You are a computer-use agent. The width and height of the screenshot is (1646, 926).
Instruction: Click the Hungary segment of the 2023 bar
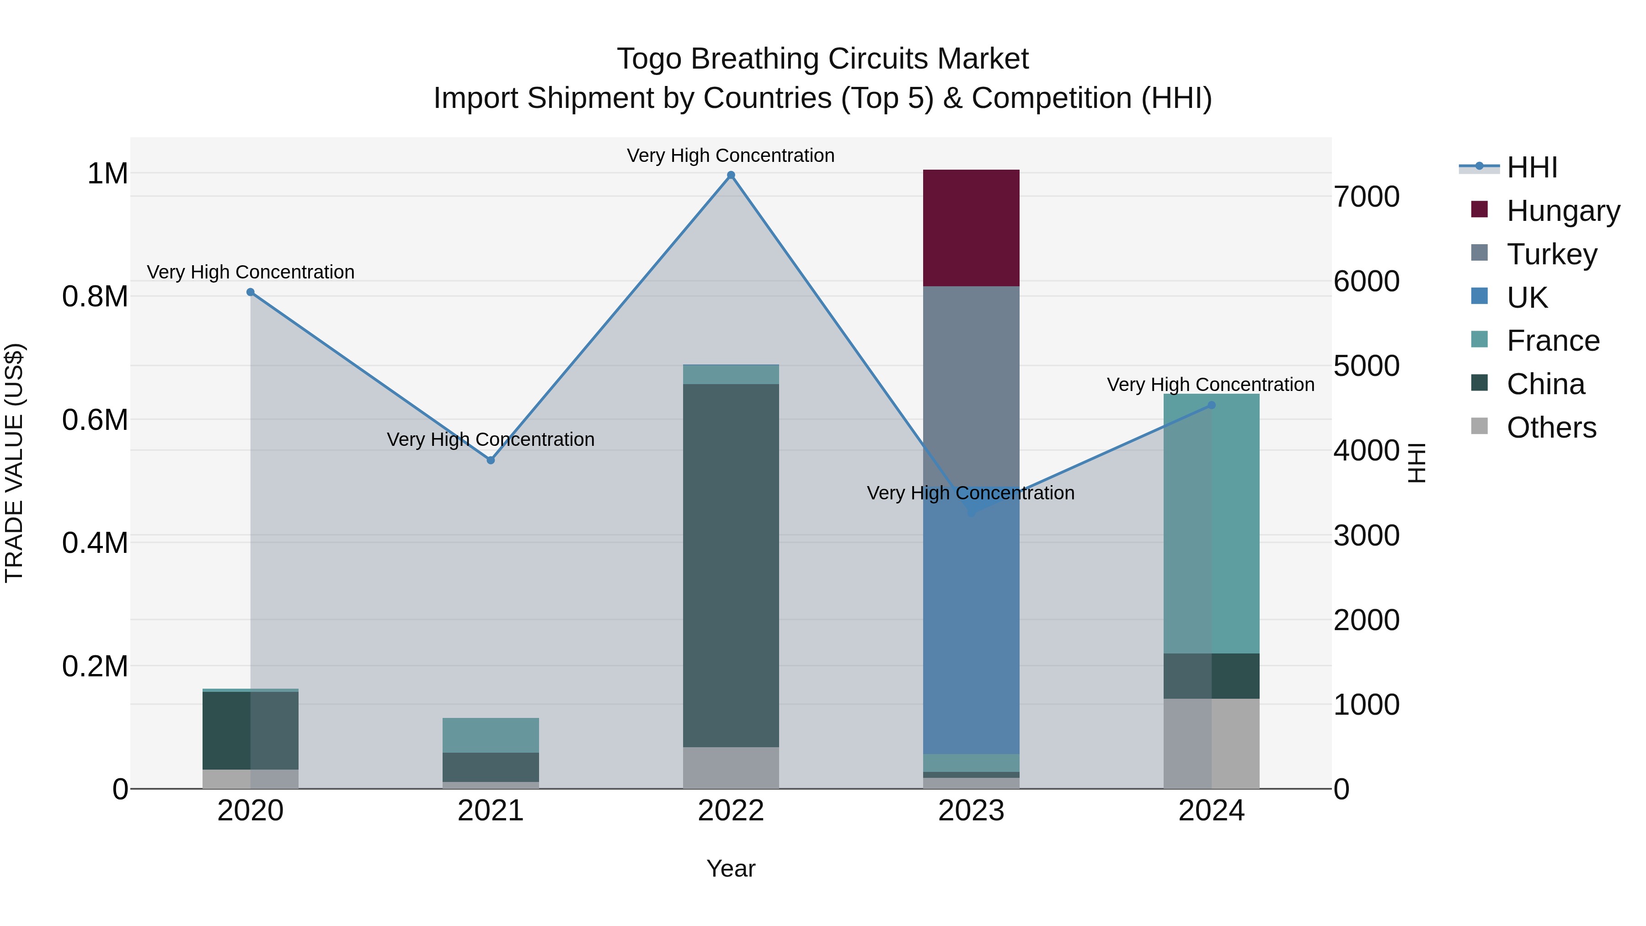[x=971, y=228]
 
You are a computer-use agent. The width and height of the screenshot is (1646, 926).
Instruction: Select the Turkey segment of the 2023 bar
[x=971, y=384]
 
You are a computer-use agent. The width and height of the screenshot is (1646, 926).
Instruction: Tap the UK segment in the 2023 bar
[x=971, y=633]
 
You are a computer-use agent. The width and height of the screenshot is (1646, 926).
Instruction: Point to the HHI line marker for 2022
[x=731, y=175]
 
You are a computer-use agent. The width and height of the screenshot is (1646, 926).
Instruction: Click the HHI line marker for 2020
[x=251, y=292]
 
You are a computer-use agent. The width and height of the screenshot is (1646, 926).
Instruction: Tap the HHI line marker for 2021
[x=491, y=460]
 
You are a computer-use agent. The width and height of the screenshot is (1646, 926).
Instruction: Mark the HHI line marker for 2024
[x=1212, y=405]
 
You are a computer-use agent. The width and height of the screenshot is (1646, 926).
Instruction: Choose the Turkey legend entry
[x=1551, y=254]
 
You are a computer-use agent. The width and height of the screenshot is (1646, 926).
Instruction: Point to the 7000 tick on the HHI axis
[x=1366, y=197]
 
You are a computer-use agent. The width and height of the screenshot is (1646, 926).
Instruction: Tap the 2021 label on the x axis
[x=491, y=811]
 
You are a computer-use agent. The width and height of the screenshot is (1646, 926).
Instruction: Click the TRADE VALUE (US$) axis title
[x=14, y=463]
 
